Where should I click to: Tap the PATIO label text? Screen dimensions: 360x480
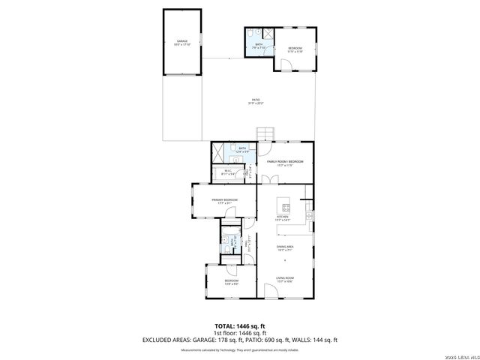pos(255,101)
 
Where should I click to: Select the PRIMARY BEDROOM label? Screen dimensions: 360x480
pos(224,199)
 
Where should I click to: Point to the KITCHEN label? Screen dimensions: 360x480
pos(283,218)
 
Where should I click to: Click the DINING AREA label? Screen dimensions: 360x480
pos(284,246)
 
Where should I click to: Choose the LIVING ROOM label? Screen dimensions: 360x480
pos(284,279)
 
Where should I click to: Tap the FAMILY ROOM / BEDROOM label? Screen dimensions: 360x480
pos(279,161)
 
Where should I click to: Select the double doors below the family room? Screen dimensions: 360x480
pos(267,178)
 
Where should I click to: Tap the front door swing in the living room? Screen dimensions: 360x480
pos(270,292)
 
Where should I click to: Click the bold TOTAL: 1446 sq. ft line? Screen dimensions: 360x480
pos(239,326)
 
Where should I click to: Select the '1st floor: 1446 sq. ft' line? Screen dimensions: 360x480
pos(239,333)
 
